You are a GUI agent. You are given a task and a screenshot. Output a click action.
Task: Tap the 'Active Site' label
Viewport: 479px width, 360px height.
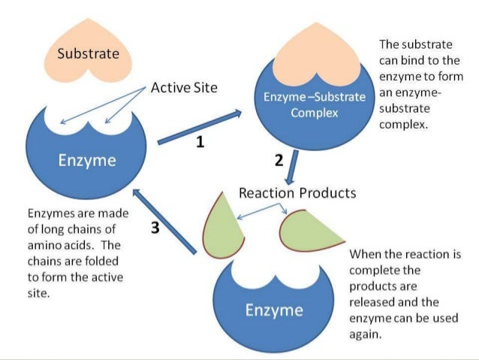tap(184, 88)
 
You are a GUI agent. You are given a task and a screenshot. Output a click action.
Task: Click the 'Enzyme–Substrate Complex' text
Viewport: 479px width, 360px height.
tap(315, 105)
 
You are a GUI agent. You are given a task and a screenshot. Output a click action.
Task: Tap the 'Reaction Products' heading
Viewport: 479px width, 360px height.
tap(297, 193)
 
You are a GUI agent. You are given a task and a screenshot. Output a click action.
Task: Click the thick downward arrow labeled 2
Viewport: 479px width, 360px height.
tap(294, 165)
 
